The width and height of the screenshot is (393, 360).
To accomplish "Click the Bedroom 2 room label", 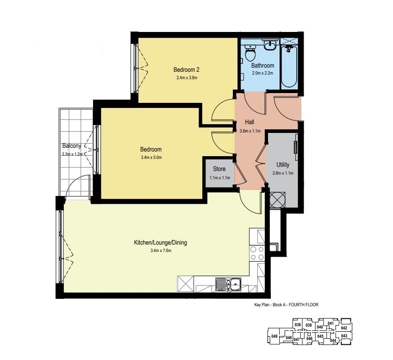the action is tap(187, 69).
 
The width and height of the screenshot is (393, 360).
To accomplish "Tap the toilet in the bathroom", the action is tap(250, 53).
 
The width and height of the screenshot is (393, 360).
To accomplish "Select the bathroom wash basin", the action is tap(270, 44).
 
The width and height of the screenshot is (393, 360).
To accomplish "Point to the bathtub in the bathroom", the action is tap(289, 66).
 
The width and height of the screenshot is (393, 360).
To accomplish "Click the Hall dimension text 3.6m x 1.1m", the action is tap(250, 131).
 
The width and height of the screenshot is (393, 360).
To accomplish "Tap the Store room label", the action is tap(219, 169).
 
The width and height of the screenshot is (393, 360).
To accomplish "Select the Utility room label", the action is tap(283, 165).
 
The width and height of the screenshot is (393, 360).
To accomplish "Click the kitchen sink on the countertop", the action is tap(228, 285).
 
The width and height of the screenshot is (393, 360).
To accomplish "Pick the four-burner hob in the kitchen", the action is tap(257, 253).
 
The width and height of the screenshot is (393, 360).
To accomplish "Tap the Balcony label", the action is tap(72, 146).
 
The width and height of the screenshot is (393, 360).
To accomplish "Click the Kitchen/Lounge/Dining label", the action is tap(161, 243).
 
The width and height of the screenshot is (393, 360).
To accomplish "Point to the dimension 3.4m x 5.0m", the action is tap(151, 158).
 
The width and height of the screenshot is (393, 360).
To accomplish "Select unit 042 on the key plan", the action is tap(344, 328).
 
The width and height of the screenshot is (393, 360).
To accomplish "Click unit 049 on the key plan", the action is tap(274, 336).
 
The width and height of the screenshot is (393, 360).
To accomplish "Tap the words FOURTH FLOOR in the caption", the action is tap(304, 305).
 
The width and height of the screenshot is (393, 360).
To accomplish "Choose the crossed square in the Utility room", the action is tap(277, 200).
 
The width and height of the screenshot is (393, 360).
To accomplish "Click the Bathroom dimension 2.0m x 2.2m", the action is tap(262, 73).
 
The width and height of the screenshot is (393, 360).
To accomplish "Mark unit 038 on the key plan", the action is tap(298, 325).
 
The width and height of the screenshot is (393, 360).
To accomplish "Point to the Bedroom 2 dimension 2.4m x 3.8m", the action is tap(187, 78).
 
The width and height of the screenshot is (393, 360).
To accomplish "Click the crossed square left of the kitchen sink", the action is tap(186, 284).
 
